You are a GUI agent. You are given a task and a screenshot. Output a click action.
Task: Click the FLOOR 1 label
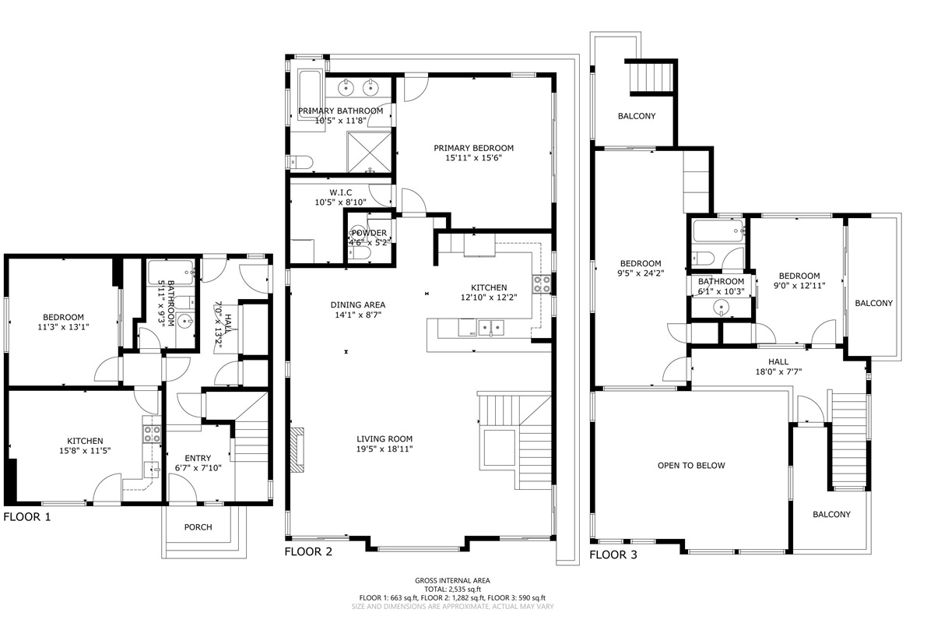[27, 517]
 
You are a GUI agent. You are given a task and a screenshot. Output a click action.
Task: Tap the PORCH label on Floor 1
[198, 527]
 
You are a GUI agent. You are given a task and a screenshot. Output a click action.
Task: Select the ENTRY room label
[198, 458]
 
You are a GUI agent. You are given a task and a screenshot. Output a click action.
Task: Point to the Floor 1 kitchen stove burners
[152, 434]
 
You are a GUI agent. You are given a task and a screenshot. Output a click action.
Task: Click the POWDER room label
[369, 233]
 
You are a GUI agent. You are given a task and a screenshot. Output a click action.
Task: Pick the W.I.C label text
[341, 192]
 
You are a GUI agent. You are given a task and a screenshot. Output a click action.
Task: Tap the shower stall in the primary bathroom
[370, 152]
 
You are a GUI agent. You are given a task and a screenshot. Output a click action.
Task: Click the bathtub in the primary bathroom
[310, 95]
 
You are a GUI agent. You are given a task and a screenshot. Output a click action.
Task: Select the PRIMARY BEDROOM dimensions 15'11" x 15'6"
[474, 158]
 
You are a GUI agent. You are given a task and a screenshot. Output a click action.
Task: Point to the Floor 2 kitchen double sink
[491, 328]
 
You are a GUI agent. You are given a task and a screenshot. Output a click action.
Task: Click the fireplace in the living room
[297, 450]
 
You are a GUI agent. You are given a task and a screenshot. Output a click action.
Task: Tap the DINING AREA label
[358, 304]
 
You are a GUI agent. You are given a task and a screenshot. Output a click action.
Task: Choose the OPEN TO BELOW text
[691, 465]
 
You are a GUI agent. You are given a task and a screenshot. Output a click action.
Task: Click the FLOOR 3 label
[613, 554]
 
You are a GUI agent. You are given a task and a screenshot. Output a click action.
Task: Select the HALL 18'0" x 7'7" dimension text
[778, 371]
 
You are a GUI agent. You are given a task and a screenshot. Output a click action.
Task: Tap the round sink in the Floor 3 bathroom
[722, 308]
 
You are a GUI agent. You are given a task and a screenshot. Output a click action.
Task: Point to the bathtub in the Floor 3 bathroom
[718, 231]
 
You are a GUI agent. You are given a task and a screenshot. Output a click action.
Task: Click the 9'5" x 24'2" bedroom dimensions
[641, 273]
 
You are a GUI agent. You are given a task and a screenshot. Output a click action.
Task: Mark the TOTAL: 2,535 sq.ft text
[452, 590]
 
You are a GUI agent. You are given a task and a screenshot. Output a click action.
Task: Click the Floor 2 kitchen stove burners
[542, 284]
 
